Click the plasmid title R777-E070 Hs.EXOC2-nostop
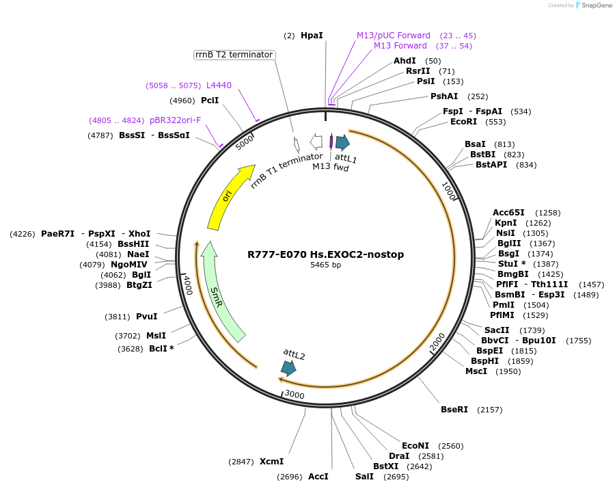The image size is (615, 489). [x=325, y=254]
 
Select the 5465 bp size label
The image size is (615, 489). [x=325, y=265]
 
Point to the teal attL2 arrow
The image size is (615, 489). [x=288, y=368]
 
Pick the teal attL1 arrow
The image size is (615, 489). [x=342, y=142]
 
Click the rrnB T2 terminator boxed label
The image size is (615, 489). [x=234, y=55]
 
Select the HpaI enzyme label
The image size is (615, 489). [x=312, y=35]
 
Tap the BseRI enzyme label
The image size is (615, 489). [x=454, y=410]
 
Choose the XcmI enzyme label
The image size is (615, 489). [x=271, y=462]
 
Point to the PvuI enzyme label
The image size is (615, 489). [x=146, y=317]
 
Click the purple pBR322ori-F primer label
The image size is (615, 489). [x=176, y=120]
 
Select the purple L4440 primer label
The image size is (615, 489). [x=219, y=85]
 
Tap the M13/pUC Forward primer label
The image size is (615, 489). [x=394, y=35]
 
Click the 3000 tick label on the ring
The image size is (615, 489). [x=295, y=395]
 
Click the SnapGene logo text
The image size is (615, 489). [x=595, y=5]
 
